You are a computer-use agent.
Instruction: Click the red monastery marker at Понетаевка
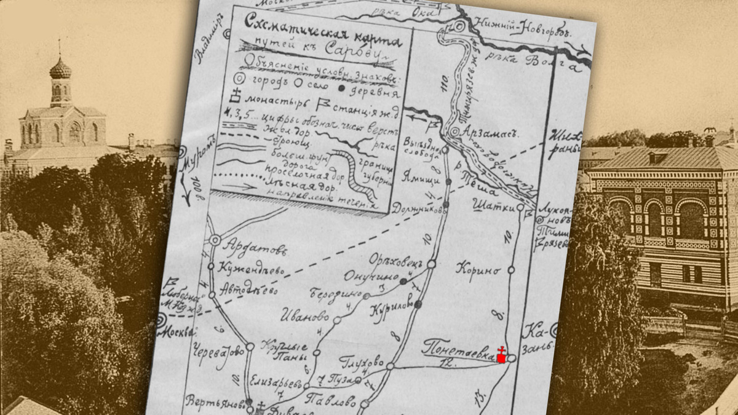click(501, 357)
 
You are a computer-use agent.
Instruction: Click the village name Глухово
click(361, 359)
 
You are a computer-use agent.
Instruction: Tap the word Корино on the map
click(477, 268)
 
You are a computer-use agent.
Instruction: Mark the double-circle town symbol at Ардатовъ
click(215, 240)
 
